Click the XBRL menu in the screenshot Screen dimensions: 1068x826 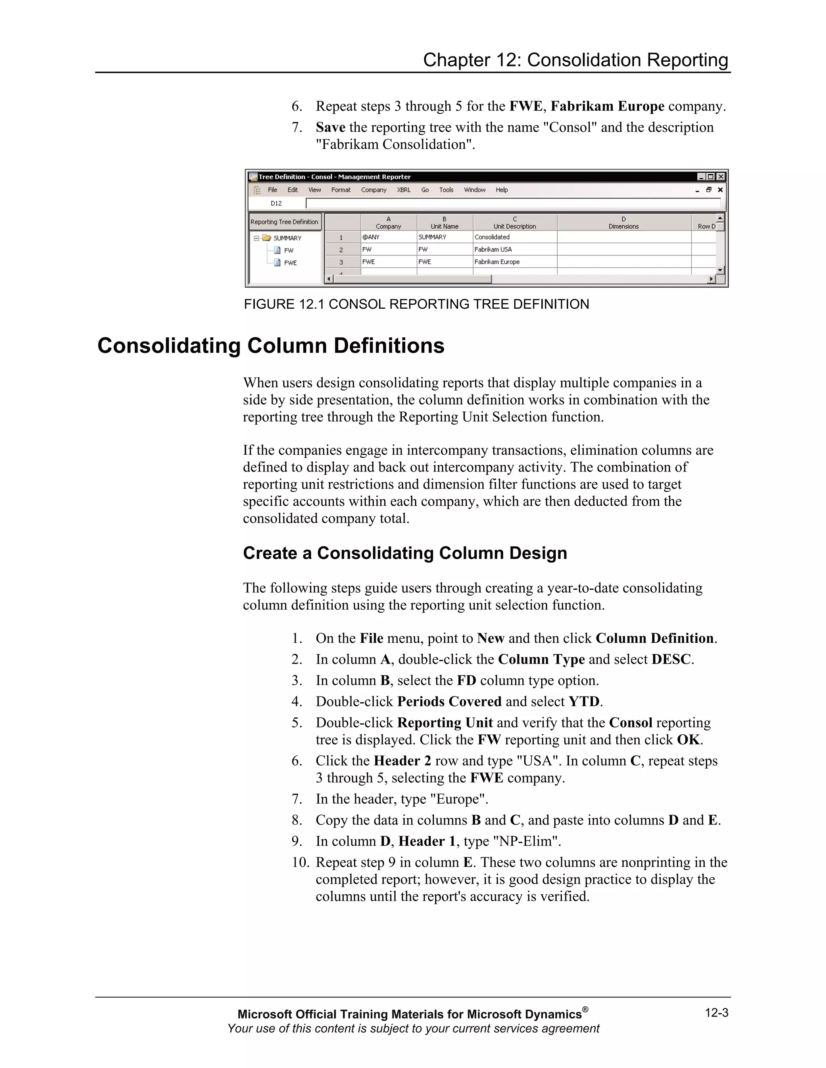click(404, 190)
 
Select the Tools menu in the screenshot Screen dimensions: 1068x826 click(446, 190)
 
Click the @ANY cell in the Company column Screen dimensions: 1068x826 click(371, 237)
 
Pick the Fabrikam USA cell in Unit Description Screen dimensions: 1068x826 click(493, 249)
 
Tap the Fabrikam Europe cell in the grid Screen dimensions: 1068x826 click(496, 262)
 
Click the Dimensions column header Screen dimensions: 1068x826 click(624, 223)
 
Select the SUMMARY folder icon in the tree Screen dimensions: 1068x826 click(266, 238)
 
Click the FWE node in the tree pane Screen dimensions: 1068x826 click(290, 263)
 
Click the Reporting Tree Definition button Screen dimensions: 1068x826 click(284, 222)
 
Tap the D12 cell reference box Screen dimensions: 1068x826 click(276, 204)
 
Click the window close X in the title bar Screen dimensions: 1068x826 click(721, 177)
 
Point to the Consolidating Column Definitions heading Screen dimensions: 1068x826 click(271, 346)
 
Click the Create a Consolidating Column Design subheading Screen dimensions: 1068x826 click(405, 553)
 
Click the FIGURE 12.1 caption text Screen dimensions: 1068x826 click(416, 304)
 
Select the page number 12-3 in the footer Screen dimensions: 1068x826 click(716, 1013)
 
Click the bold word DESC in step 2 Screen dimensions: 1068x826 click(671, 660)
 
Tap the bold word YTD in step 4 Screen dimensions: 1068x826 click(583, 702)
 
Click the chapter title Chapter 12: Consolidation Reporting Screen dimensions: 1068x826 click(576, 60)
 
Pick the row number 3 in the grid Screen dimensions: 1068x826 click(341, 262)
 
